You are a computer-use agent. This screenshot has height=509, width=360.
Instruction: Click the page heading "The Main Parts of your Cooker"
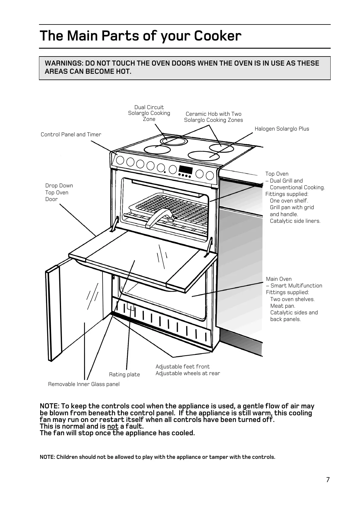click(141, 36)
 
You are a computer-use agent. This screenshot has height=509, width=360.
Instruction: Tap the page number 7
click(328, 480)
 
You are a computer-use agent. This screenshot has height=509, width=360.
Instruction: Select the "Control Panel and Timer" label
click(71, 135)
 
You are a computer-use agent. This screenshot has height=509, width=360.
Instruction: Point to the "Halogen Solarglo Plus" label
click(282, 129)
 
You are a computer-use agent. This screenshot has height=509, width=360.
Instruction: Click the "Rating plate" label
click(124, 374)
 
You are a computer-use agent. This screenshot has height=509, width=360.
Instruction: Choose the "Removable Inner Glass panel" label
click(84, 384)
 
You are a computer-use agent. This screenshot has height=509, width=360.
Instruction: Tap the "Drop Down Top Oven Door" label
click(59, 192)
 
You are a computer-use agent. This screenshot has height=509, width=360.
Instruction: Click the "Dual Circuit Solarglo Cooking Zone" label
click(149, 113)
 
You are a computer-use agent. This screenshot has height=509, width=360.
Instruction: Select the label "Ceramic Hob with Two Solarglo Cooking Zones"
click(213, 117)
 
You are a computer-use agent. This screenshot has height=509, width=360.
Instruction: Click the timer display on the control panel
click(185, 170)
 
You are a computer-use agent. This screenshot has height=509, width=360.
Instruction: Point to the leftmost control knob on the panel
click(120, 160)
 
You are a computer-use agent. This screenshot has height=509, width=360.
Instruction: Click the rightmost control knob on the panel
click(210, 175)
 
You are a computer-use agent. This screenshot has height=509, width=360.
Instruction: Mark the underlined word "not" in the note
click(112, 426)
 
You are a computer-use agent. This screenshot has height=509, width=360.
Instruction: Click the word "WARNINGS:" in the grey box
click(64, 63)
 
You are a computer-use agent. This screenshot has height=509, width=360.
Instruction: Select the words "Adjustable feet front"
click(183, 367)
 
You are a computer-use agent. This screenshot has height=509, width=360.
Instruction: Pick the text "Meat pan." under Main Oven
click(283, 306)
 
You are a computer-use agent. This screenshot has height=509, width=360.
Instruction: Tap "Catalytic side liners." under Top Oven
click(295, 221)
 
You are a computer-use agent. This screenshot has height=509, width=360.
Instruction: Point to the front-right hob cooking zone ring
click(203, 155)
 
